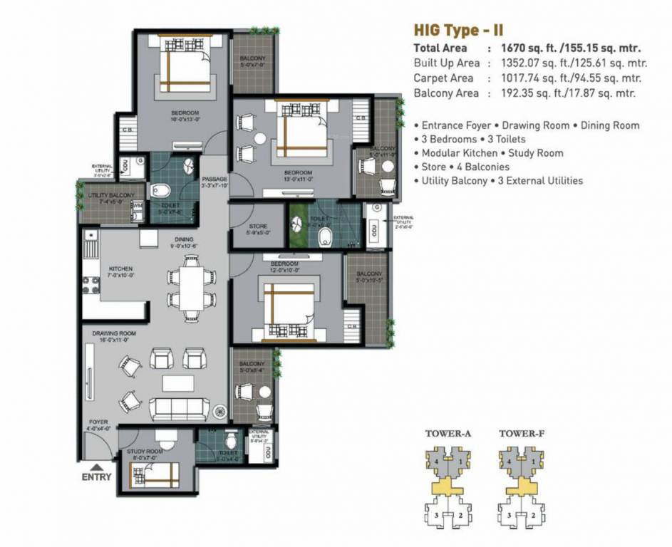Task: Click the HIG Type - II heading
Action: (460, 31)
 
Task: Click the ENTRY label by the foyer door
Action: (96, 476)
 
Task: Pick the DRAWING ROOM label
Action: (113, 333)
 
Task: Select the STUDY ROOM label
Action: (145, 452)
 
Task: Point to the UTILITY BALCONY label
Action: (111, 195)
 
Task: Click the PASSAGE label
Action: (214, 179)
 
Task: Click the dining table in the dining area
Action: (190, 287)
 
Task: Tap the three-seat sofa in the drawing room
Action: (178, 408)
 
